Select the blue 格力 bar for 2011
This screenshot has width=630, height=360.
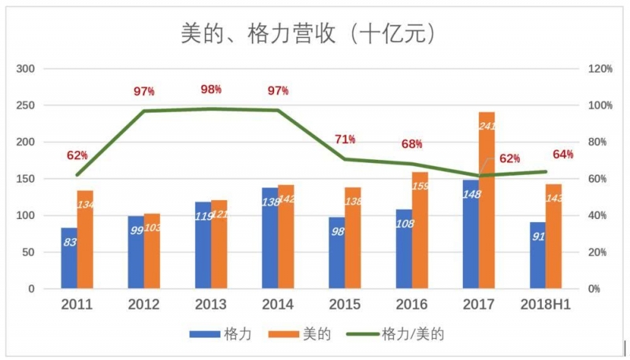(69, 258)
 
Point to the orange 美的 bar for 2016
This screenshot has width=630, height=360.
(420, 230)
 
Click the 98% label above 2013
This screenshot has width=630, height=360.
(211, 90)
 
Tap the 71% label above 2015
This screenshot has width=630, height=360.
(345, 139)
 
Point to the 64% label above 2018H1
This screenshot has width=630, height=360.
(563, 154)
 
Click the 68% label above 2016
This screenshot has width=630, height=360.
(412, 144)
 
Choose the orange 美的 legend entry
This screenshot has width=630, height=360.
(304, 334)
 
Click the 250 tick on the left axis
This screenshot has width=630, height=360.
(25, 106)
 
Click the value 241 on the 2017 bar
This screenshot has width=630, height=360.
(487, 125)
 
